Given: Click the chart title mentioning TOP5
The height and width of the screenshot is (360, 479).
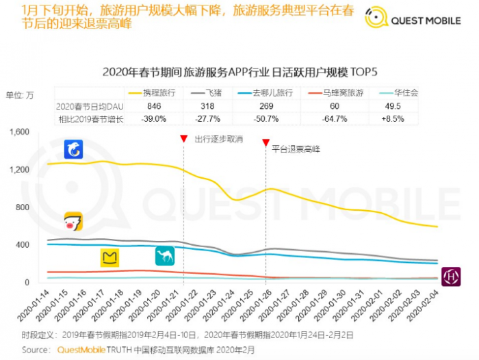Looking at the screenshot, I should tap(239, 71).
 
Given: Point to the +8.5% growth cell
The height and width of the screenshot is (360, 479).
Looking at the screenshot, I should tap(411, 118).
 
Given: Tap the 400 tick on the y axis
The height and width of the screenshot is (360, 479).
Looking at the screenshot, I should tap(23, 245).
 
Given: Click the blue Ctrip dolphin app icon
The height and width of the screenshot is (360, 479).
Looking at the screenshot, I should tap(74, 149).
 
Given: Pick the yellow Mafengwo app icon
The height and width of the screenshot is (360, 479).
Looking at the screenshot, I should tap(110, 258).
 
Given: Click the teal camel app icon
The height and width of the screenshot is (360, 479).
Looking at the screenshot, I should tap(165, 255).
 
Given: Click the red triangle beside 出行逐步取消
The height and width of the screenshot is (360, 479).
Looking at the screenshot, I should tap(183, 139).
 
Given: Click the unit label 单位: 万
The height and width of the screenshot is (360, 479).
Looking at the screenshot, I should tap(20, 95).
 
